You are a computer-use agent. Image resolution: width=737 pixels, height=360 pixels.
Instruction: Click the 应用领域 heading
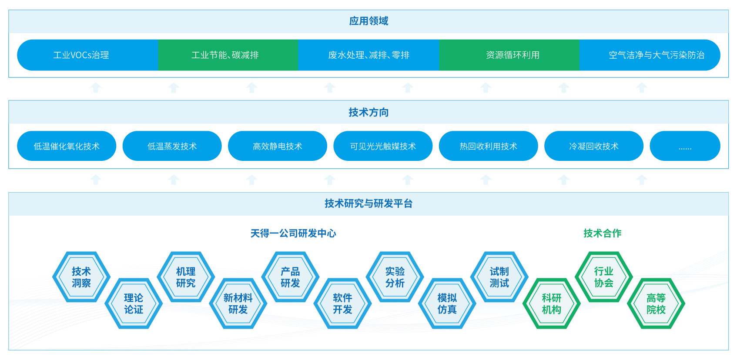(x=368, y=21)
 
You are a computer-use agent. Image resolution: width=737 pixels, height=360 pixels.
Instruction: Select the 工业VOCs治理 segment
(x=81, y=55)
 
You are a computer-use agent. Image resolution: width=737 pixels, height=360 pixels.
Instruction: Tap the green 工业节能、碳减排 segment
(x=225, y=55)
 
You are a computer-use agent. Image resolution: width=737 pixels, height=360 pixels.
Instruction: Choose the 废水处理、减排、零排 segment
(x=368, y=55)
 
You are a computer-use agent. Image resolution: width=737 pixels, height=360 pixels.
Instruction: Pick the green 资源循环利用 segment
(x=513, y=55)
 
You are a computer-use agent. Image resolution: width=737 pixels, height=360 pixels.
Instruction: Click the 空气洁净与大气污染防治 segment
(x=656, y=55)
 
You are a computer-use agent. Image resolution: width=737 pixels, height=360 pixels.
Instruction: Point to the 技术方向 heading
(x=368, y=113)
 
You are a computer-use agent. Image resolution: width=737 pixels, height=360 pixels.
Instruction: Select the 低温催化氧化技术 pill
(x=67, y=147)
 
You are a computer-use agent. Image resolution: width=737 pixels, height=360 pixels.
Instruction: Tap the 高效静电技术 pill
(x=277, y=147)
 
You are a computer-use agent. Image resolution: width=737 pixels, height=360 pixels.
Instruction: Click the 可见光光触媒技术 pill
(x=383, y=147)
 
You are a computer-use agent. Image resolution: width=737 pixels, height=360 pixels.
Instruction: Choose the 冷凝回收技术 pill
(x=593, y=147)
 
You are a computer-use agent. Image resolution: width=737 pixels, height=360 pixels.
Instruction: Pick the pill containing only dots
(x=685, y=147)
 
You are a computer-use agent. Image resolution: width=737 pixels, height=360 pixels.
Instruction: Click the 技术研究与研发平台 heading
(x=368, y=203)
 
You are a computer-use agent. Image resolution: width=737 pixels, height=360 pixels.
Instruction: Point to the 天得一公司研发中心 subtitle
(x=293, y=233)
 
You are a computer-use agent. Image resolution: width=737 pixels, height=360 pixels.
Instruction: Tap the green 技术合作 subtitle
(x=603, y=233)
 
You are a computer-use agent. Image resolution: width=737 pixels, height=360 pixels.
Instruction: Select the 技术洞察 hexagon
(x=81, y=277)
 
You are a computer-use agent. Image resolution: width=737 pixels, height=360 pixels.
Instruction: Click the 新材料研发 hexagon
(x=238, y=303)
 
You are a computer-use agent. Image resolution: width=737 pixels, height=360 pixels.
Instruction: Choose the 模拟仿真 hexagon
(x=447, y=303)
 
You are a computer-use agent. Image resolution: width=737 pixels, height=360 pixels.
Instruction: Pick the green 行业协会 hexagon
(x=603, y=277)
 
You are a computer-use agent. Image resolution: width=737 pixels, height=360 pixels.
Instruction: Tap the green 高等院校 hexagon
(x=656, y=303)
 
